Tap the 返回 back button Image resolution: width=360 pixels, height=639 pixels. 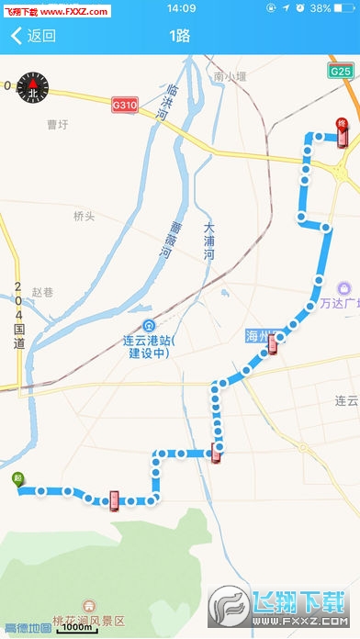coord(33,37)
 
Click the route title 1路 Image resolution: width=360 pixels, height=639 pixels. coord(180,37)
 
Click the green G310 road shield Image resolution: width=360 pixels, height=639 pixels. coord(125,106)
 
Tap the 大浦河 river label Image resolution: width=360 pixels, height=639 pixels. coord(208,241)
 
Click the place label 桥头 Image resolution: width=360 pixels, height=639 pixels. coord(84,216)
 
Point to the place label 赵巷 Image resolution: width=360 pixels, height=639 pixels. coord(43,292)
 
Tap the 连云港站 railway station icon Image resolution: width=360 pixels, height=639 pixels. coord(149,325)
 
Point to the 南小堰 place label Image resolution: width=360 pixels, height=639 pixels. coord(231,76)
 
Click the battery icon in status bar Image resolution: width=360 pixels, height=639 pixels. coord(343,8)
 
